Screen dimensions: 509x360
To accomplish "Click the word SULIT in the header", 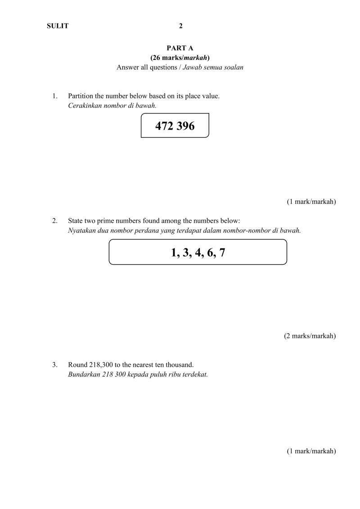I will click(x=58, y=26).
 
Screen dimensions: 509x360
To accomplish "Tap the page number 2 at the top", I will click(x=181, y=26).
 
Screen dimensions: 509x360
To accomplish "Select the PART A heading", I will click(x=180, y=48).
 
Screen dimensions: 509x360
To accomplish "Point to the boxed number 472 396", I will click(x=175, y=126).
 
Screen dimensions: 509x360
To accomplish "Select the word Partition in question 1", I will click(x=80, y=96).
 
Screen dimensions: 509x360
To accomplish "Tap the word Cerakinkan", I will click(x=84, y=105).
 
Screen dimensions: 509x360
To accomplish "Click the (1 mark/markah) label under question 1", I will click(x=311, y=202).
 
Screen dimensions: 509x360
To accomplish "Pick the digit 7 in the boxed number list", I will click(x=222, y=252).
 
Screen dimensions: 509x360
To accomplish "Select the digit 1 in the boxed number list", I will click(x=174, y=252).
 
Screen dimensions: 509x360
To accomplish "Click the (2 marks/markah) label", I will click(x=310, y=336).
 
